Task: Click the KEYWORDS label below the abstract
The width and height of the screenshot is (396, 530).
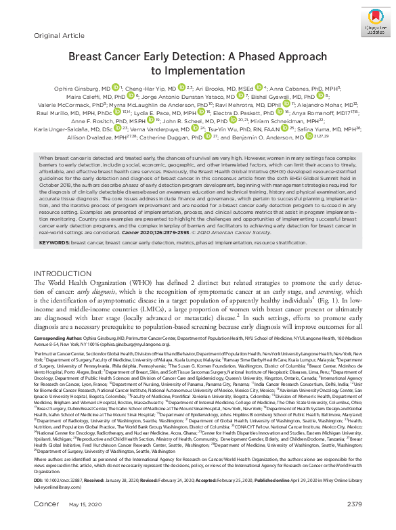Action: (56, 242)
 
